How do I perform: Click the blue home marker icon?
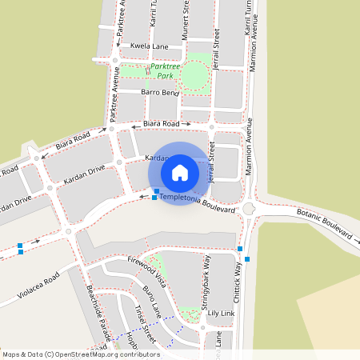pos(180,173)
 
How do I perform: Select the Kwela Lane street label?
pos(150,46)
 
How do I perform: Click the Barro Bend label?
pos(159,93)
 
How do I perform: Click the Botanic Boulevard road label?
pos(325,224)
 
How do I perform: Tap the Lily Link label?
pos(220,313)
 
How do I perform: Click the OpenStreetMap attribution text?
pos(81,354)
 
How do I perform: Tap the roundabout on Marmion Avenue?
pos(249,210)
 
